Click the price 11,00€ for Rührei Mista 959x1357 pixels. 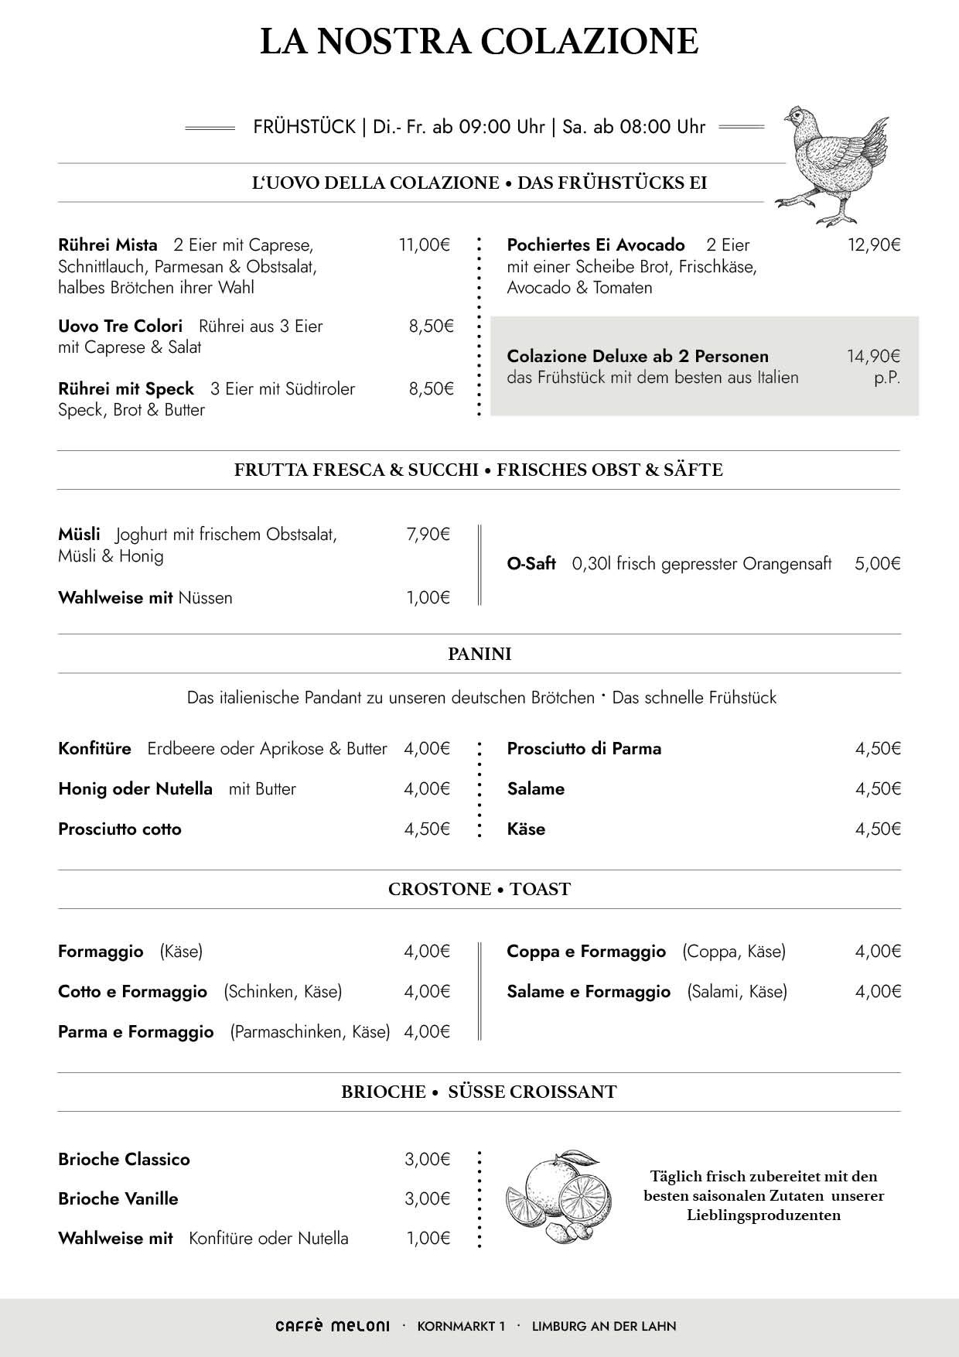pyautogui.click(x=424, y=245)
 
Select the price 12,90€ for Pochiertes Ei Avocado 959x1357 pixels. pyautogui.click(x=874, y=245)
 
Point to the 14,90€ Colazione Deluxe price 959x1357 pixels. pyautogui.click(x=874, y=356)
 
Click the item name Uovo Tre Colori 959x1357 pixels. pyautogui.click(x=121, y=326)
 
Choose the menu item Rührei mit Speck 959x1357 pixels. pyautogui.click(x=126, y=388)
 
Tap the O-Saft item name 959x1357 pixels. pyautogui.click(x=531, y=563)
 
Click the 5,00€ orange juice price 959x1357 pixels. pyautogui.click(x=878, y=563)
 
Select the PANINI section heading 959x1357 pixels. pyautogui.click(x=479, y=654)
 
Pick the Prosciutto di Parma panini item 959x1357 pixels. pyautogui.click(x=584, y=748)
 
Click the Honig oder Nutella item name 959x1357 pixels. pyautogui.click(x=135, y=788)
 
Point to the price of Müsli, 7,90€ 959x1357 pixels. pyautogui.click(x=428, y=534)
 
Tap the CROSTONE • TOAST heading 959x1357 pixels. pyautogui.click(x=479, y=889)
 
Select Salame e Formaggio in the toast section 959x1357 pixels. pyautogui.click(x=589, y=991)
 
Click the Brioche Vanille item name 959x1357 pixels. pyautogui.click(x=118, y=1198)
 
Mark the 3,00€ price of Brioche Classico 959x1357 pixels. pyautogui.click(x=427, y=1159)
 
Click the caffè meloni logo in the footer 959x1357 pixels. pyautogui.click(x=333, y=1326)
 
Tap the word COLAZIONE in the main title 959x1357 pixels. pyautogui.click(x=589, y=41)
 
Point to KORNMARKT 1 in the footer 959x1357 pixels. pyautogui.click(x=461, y=1326)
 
